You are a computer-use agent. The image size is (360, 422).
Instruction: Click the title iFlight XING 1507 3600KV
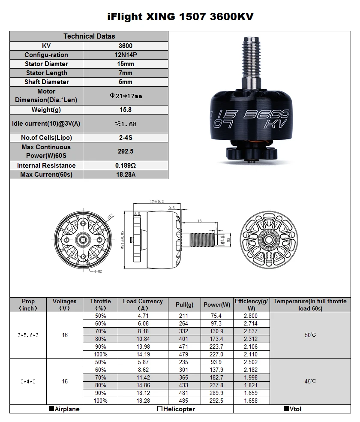point(180,17)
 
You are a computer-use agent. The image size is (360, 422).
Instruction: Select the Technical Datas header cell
point(89,36)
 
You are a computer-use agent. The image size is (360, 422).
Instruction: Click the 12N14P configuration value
point(125,55)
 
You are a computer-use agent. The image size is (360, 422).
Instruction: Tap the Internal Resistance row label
point(46,166)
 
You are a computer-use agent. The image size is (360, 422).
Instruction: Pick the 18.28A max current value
point(125,175)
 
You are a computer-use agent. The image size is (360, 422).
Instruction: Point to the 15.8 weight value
point(125,110)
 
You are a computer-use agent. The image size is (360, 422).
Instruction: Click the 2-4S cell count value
point(125,138)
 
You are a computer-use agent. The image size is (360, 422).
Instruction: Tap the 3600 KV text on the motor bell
point(266,118)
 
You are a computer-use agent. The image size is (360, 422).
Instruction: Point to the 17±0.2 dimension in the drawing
point(158,202)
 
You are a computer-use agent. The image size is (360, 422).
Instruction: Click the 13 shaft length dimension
point(200,221)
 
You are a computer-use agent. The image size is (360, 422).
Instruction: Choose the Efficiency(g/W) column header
point(251,304)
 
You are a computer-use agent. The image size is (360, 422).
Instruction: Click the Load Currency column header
point(143,304)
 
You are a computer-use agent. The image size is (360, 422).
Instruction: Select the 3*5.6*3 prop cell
point(28,335)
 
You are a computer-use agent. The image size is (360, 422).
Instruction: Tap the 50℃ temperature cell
point(310,335)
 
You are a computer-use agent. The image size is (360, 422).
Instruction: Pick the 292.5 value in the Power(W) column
point(217,401)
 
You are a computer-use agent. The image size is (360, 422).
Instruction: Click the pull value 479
point(184,354)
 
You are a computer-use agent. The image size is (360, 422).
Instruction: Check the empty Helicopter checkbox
point(159,409)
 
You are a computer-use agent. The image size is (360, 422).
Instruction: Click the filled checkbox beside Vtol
point(286,409)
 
